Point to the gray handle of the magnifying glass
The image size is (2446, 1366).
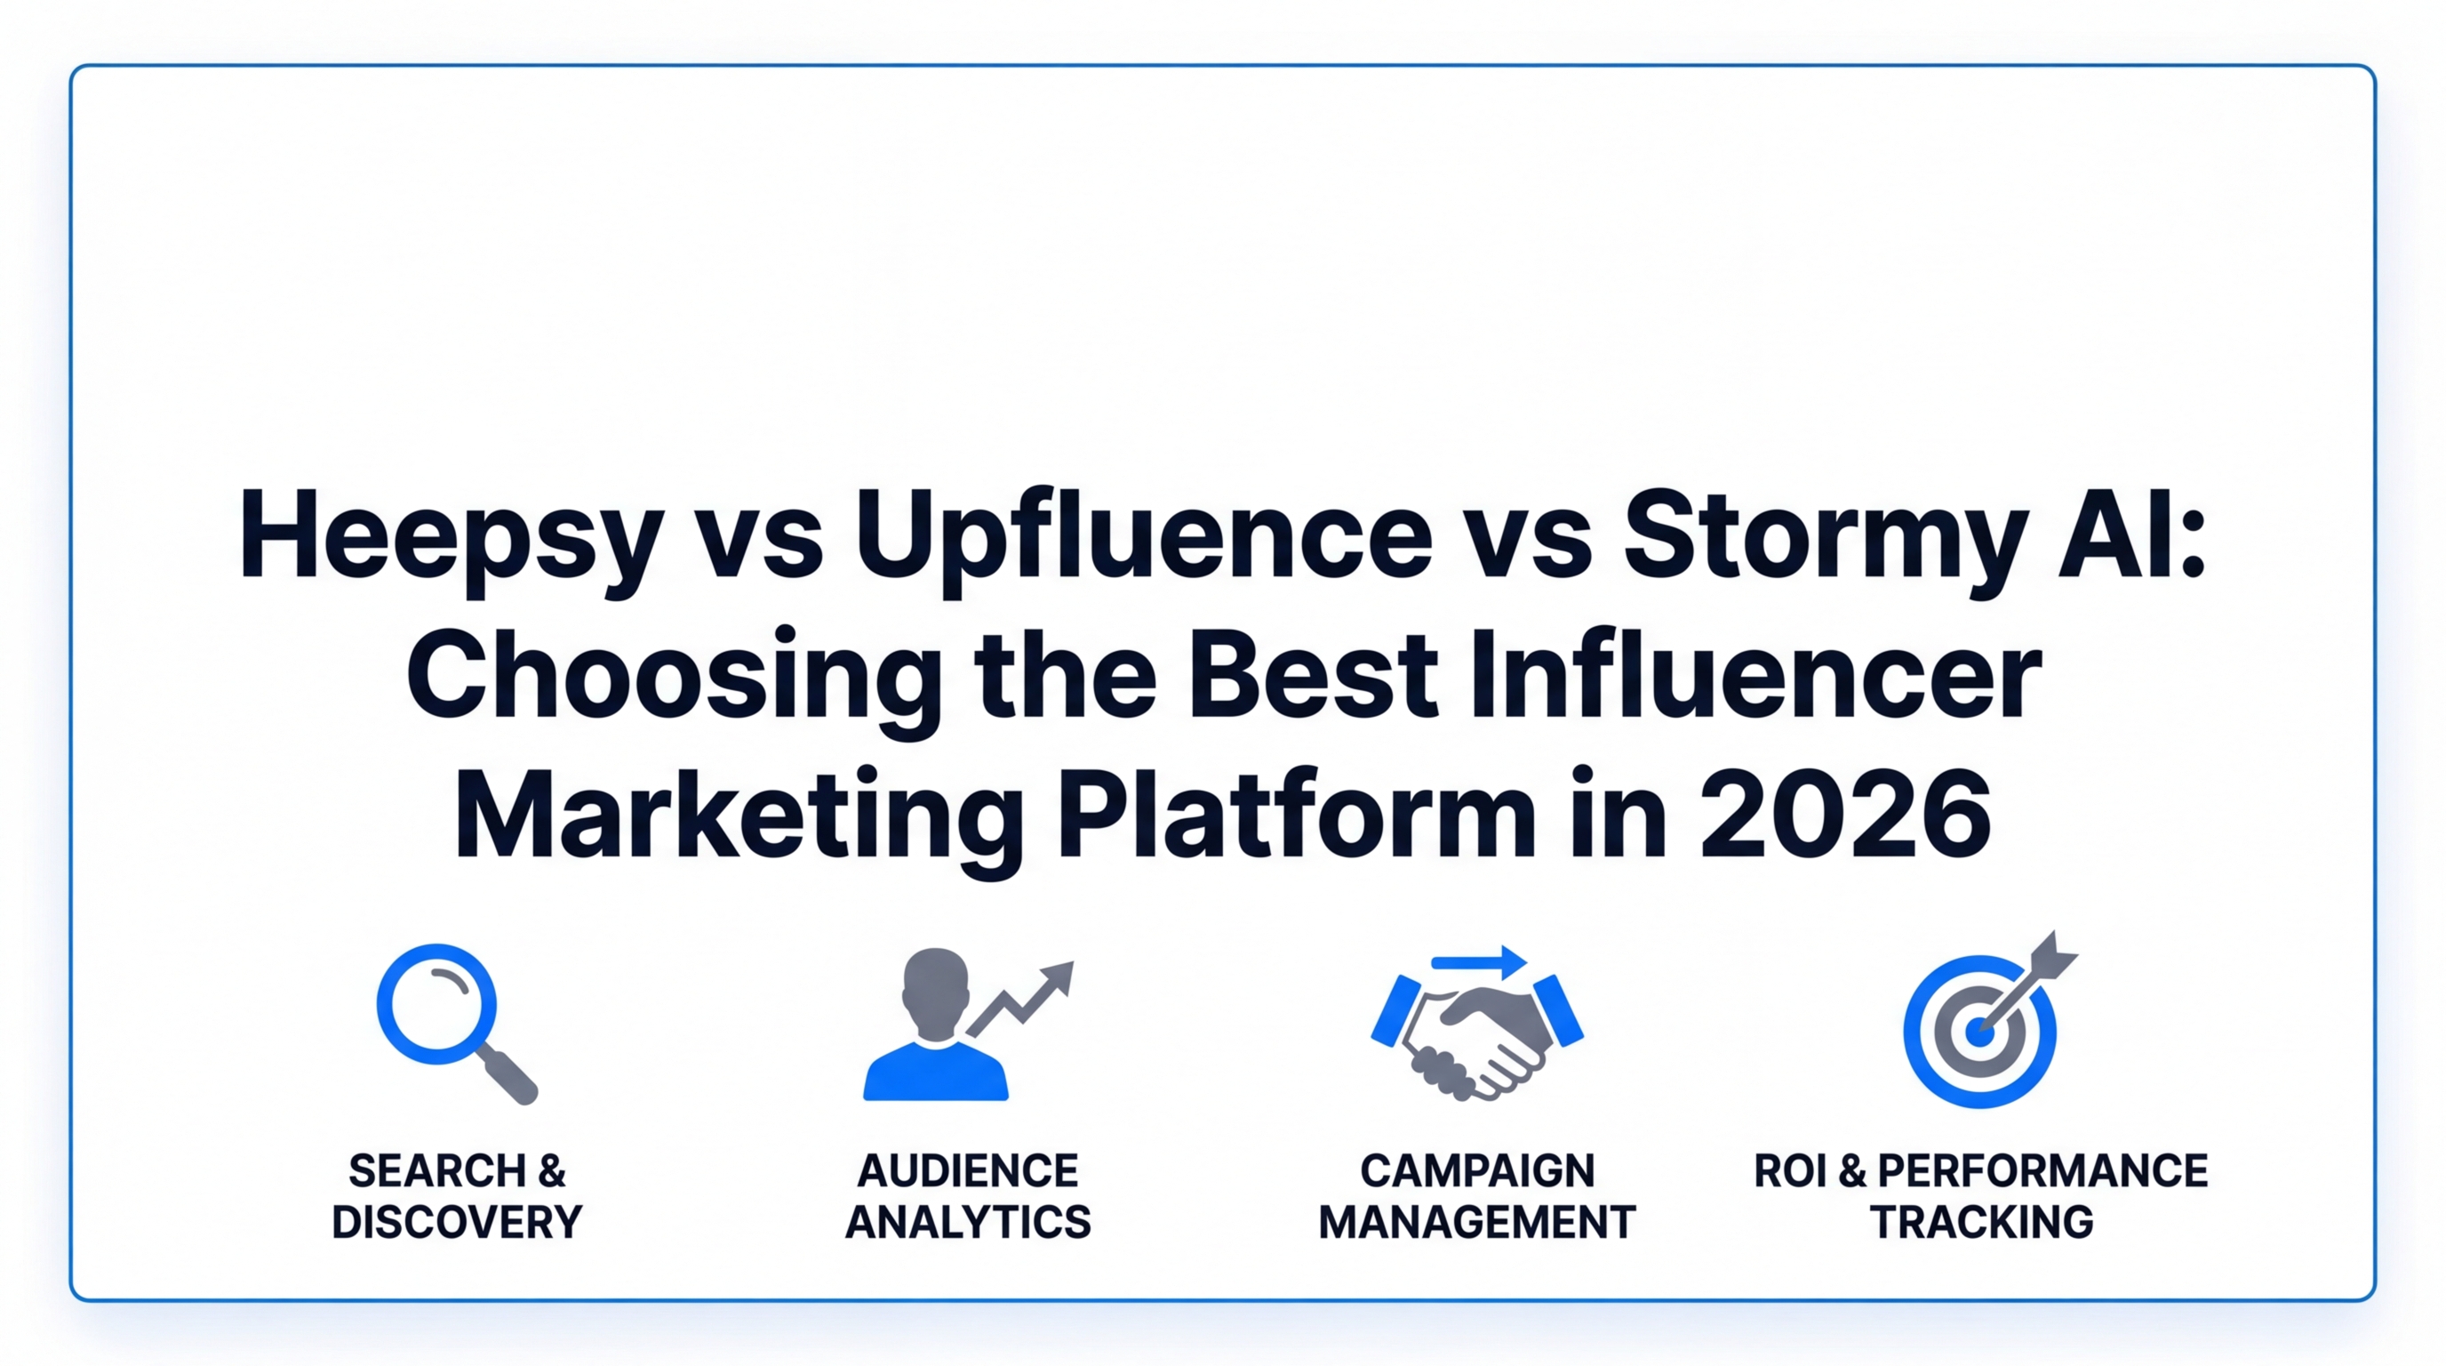tap(509, 1076)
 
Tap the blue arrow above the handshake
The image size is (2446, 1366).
tap(1478, 962)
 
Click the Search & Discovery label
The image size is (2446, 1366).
tap(457, 1196)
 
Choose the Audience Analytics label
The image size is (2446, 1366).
tap(969, 1196)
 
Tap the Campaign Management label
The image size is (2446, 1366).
tap(1477, 1196)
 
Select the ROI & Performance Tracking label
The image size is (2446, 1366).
tap(1981, 1196)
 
